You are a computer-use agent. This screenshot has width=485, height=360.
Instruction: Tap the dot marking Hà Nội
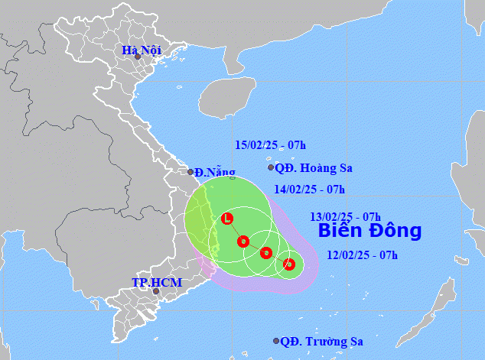click(138, 57)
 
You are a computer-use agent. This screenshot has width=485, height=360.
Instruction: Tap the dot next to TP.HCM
click(156, 291)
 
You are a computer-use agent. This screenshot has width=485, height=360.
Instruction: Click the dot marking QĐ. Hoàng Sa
click(270, 167)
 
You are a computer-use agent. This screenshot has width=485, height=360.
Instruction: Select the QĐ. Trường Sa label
click(321, 342)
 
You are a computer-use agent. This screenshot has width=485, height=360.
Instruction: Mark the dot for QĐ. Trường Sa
click(276, 342)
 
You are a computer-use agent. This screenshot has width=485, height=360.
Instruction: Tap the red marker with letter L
click(227, 219)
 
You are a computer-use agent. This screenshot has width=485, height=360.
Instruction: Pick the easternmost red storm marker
click(288, 264)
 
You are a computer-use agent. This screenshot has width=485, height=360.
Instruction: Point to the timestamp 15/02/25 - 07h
click(270, 145)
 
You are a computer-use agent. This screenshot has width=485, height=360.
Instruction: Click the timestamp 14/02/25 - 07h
click(309, 190)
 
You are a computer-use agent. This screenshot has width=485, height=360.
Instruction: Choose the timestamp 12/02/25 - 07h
click(362, 255)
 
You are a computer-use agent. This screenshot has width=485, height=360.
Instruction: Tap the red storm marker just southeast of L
click(243, 242)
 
